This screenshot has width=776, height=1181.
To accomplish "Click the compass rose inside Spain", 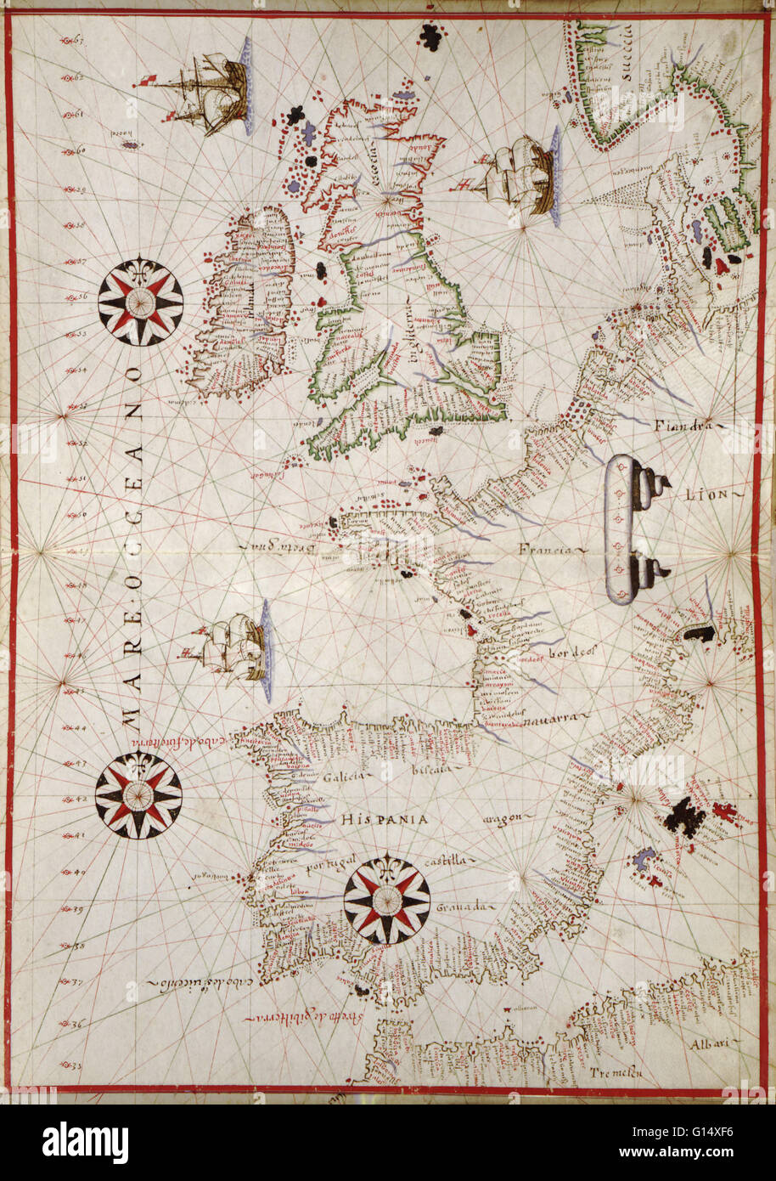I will pos(387,897).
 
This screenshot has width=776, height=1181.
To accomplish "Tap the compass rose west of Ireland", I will pos(140,300).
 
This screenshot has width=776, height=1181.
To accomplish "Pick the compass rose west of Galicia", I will pos(138,795).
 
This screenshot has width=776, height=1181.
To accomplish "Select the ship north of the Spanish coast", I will pos(231,649).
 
